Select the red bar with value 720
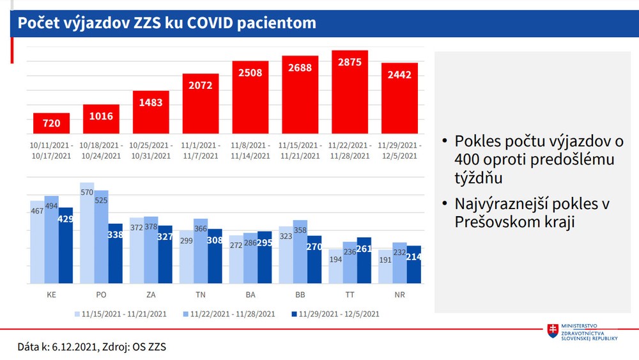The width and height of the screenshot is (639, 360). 51,125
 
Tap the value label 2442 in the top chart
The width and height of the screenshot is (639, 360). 399,74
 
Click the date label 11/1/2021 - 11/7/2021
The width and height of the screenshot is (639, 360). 201,150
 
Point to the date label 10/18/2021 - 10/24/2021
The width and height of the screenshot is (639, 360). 102,150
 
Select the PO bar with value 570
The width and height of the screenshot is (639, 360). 87,233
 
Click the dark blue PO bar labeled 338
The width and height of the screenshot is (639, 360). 115,253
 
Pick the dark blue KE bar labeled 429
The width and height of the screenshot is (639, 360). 65,246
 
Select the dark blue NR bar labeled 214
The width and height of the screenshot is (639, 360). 413,264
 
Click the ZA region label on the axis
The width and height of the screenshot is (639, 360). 151,295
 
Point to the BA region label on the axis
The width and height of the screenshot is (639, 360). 250,295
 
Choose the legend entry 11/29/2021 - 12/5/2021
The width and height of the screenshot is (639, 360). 335,313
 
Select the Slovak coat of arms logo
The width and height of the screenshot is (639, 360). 553,331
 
